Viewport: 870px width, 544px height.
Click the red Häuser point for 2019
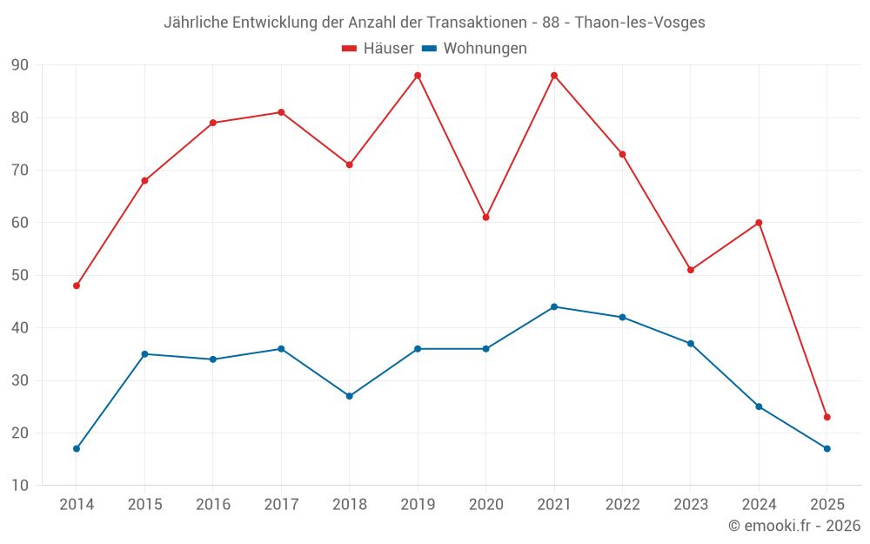click(x=418, y=76)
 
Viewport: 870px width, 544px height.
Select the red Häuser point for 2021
click(x=554, y=76)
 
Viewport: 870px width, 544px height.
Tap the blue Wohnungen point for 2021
click(x=554, y=306)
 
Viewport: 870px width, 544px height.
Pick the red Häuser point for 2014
click(x=77, y=285)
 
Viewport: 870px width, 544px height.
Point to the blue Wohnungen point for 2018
click(x=350, y=396)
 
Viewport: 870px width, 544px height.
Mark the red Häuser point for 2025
click(x=827, y=417)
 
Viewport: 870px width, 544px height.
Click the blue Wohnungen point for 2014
click(x=77, y=448)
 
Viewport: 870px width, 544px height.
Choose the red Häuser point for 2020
click(x=486, y=217)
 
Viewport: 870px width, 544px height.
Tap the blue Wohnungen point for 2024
click(x=759, y=406)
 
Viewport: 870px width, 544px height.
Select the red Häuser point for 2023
click(x=691, y=270)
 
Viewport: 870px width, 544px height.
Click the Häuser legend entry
click(x=378, y=49)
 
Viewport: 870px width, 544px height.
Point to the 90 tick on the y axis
click(x=20, y=65)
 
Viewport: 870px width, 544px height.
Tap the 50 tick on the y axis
click(x=20, y=275)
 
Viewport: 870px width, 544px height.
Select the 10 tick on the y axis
click(x=20, y=486)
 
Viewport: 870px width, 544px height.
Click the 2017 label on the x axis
click(x=281, y=505)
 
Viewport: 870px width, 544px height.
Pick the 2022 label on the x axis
click(x=622, y=505)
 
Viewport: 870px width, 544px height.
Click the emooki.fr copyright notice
click(x=794, y=526)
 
